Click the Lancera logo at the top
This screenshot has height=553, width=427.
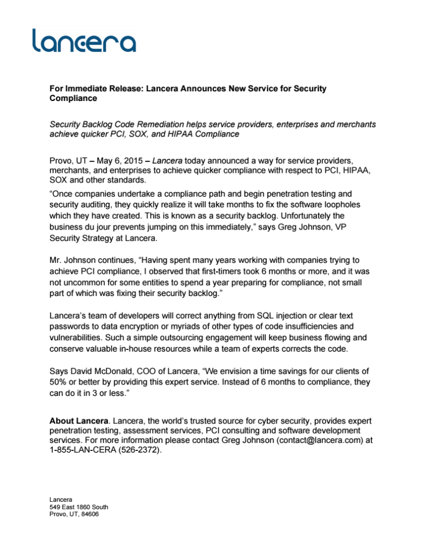[84, 40]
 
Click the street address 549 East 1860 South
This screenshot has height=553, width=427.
[78, 507]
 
